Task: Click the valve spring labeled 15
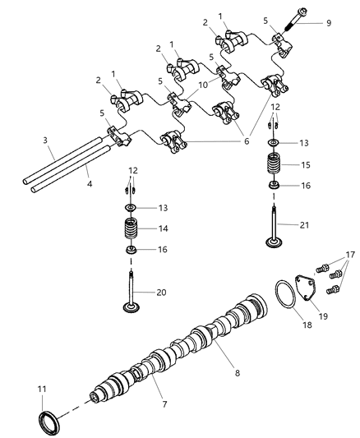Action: pyautogui.click(x=272, y=164)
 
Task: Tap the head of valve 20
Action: pyautogui.click(x=130, y=308)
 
